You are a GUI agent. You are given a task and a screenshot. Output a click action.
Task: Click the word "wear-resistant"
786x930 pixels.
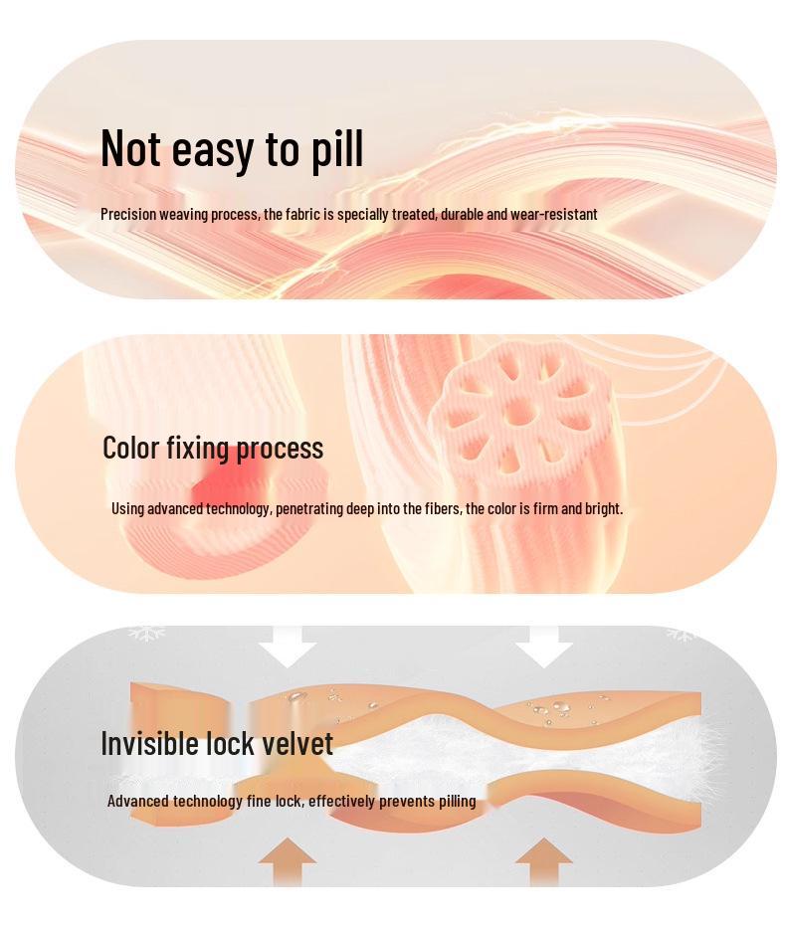[554, 214]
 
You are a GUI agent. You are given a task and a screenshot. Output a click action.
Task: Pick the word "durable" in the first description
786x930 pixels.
[462, 214]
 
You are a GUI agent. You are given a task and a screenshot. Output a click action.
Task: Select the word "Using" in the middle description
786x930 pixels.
[127, 509]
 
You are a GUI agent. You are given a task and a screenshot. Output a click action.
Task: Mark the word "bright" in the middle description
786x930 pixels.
[603, 509]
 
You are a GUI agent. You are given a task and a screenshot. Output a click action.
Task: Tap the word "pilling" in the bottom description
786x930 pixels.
[458, 802]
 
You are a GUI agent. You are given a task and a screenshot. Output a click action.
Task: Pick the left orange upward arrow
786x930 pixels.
[288, 861]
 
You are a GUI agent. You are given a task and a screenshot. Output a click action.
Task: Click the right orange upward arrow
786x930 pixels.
[543, 861]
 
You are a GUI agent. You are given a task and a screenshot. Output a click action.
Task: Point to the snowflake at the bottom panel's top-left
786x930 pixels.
[146, 633]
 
